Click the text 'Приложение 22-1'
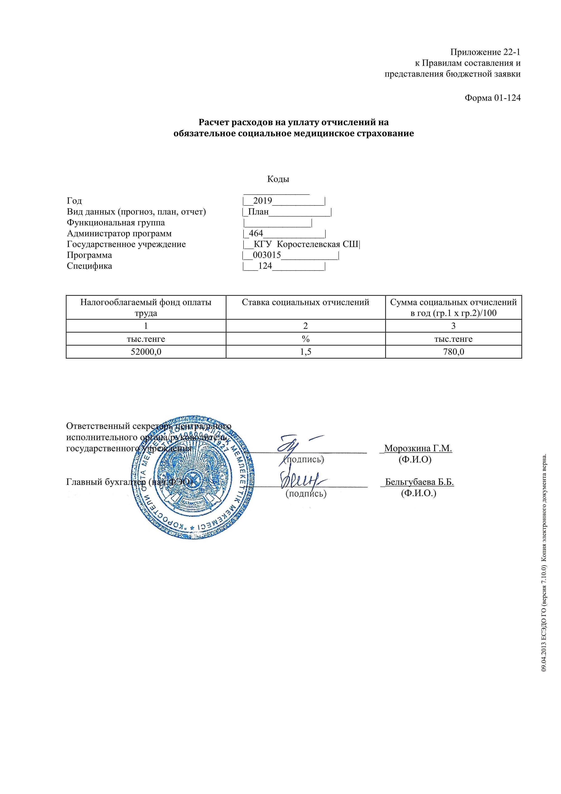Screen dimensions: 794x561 [485, 52]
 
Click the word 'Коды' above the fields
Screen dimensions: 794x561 [278, 179]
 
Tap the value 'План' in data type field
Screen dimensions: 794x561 [258, 212]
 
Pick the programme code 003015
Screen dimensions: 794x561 [267, 255]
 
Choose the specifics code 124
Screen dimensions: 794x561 [265, 266]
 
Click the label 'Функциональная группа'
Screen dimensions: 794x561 [116, 222]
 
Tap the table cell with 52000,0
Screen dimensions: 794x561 [146, 352]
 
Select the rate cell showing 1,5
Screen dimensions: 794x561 [306, 352]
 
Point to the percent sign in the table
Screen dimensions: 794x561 [306, 339]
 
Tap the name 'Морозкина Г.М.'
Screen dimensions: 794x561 [418, 449]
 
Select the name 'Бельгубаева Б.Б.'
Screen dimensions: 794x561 [419, 482]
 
